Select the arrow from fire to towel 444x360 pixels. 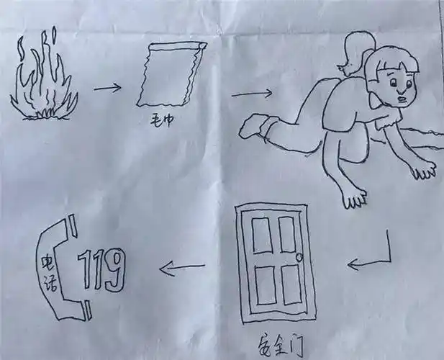[108, 89]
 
